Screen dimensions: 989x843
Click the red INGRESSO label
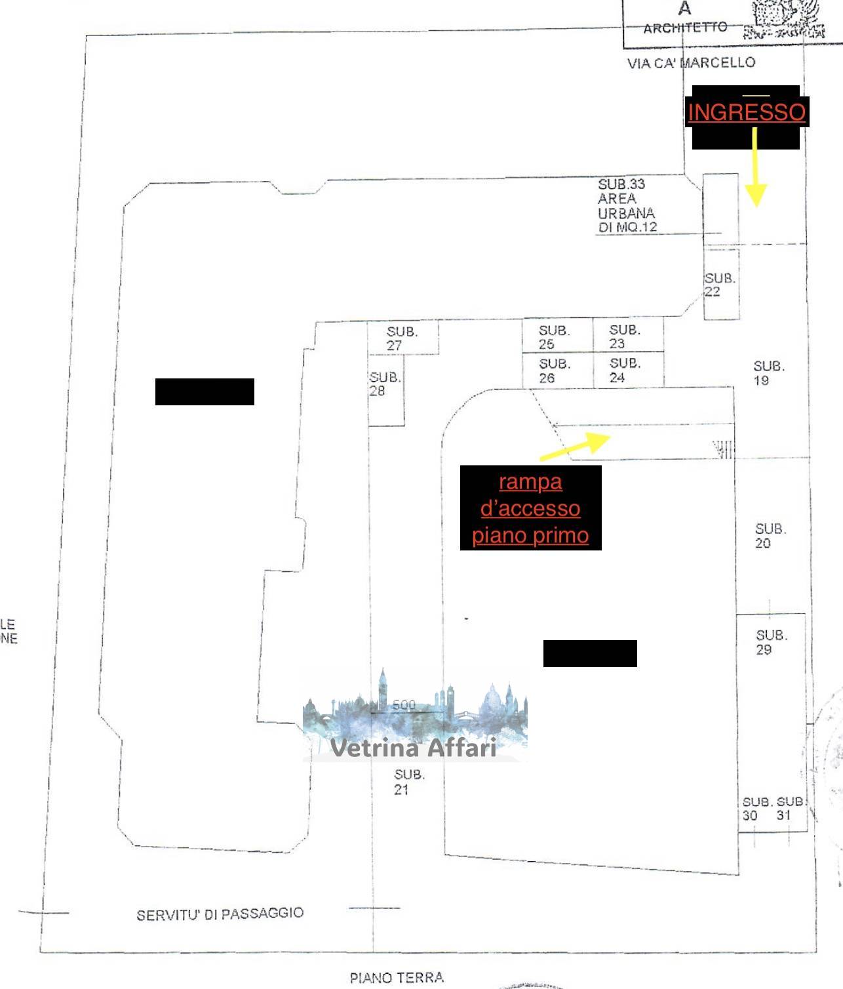[x=746, y=112]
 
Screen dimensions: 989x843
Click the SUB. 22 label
[x=719, y=285]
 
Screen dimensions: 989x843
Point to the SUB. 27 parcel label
[x=401, y=338]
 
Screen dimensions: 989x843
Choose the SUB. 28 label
[x=384, y=384]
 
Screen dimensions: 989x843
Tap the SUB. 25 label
[x=554, y=337]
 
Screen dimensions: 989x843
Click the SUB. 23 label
[x=624, y=336]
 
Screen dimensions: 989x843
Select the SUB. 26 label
[x=554, y=371]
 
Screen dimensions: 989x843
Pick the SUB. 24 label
[x=624, y=370]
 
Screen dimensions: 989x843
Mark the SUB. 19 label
[x=768, y=373]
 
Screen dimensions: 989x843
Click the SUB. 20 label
[x=770, y=536]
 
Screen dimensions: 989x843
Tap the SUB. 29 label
[x=771, y=642]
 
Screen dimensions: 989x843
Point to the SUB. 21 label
[x=408, y=782]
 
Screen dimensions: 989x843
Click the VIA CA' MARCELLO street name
[x=691, y=63]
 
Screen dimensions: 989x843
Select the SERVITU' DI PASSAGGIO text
[x=220, y=914]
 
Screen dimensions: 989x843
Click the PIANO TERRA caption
[x=397, y=978]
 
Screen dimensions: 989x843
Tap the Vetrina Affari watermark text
[x=413, y=748]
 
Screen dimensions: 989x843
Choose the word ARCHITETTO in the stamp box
[x=685, y=28]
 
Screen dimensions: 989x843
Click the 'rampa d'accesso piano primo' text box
[x=530, y=508]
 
